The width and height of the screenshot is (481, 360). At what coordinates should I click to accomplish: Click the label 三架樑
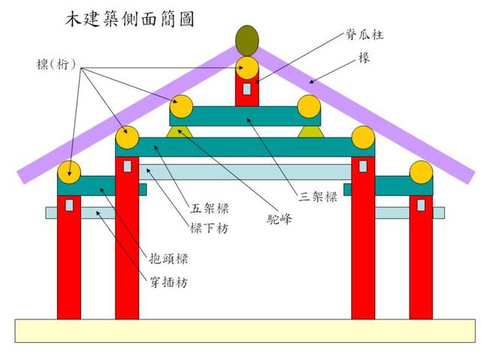point(315,198)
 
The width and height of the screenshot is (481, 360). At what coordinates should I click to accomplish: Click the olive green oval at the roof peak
point(247,38)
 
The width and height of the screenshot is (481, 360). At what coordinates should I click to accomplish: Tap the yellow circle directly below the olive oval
point(247,68)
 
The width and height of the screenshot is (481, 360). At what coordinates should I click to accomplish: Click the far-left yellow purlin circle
point(69,173)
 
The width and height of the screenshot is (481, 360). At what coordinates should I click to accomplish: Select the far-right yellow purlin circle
point(421,173)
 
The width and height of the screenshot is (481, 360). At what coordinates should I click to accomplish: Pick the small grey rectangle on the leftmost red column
point(69,204)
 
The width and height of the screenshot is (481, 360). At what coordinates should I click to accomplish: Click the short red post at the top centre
point(247,92)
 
